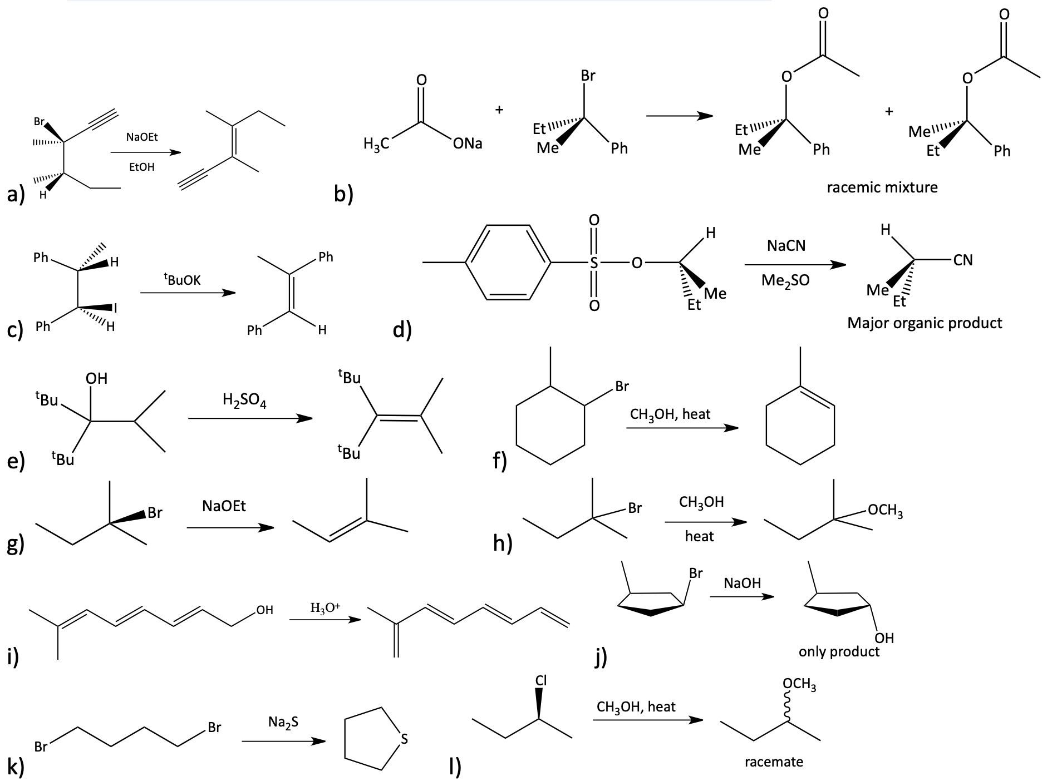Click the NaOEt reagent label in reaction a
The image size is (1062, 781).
142,137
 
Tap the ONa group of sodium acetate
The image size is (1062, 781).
468,144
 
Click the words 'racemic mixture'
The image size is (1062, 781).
882,187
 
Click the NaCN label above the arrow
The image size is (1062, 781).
786,245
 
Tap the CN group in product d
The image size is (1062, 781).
963,260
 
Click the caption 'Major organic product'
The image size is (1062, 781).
925,323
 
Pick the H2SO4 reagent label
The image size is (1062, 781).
244,400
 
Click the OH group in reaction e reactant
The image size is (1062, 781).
96,379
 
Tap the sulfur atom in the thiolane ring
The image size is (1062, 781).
405,739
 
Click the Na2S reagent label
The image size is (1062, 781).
283,723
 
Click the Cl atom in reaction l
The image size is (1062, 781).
540,680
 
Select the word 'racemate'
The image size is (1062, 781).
774,762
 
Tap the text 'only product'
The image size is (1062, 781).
839,652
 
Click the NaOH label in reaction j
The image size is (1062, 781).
743,583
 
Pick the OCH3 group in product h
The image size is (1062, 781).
886,510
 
